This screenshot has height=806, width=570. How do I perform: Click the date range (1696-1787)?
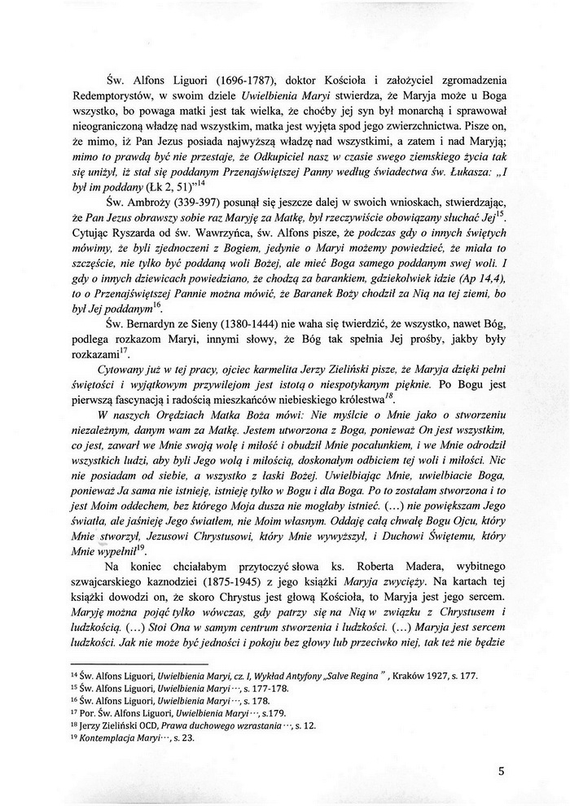[x=243, y=79]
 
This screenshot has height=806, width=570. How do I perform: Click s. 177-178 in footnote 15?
[x=248, y=689]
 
